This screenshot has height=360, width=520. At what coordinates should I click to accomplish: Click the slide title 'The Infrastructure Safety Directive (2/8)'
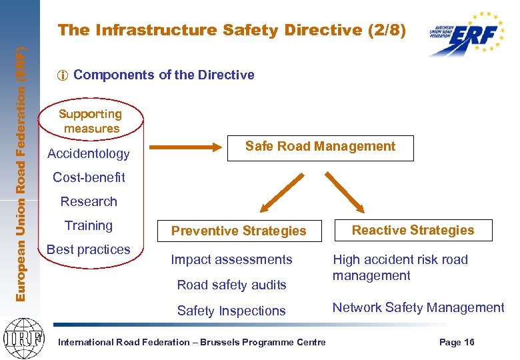pyautogui.click(x=231, y=30)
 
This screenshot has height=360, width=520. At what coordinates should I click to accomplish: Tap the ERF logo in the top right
pyautogui.click(x=466, y=33)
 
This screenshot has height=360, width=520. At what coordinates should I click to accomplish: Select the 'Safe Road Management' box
pyautogui.click(x=320, y=147)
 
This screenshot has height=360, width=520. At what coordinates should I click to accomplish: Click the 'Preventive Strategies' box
pyautogui.click(x=239, y=231)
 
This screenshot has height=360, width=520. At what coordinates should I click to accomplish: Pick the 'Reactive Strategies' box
pyautogui.click(x=413, y=231)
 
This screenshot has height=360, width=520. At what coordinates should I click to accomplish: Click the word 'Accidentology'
pyautogui.click(x=89, y=154)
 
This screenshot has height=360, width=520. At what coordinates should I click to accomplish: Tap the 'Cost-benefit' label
pyautogui.click(x=89, y=178)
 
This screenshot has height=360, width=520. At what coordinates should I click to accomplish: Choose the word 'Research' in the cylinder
pyautogui.click(x=89, y=201)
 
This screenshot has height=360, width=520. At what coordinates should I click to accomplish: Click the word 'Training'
pyautogui.click(x=89, y=225)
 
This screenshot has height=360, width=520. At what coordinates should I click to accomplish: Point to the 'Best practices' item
pyautogui.click(x=89, y=249)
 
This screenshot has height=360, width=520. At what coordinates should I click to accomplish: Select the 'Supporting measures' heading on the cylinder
pyautogui.click(x=91, y=121)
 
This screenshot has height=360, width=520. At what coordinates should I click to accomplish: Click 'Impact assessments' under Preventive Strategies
pyautogui.click(x=231, y=259)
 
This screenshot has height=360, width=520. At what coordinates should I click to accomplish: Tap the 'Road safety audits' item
pyautogui.click(x=231, y=285)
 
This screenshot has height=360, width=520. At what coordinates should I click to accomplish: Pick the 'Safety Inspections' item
pyautogui.click(x=231, y=311)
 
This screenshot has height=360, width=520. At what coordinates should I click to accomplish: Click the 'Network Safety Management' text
pyautogui.click(x=418, y=307)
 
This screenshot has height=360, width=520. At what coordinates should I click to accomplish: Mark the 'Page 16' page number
pyautogui.click(x=457, y=342)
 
